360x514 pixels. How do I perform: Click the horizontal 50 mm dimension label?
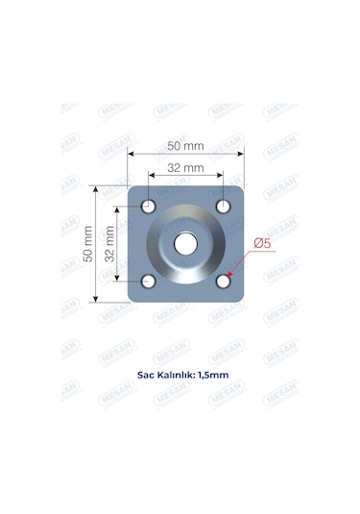[x=186, y=145]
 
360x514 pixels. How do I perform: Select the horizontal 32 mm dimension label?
[x=186, y=167]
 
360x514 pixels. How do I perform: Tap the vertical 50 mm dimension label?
[x=89, y=244]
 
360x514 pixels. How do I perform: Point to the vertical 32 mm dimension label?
[x=110, y=244]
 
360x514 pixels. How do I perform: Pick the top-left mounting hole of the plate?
[x=149, y=207]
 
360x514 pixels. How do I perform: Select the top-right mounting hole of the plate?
[x=223, y=207]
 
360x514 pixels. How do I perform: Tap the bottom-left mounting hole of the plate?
[x=149, y=281]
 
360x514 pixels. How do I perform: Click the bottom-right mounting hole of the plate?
[x=223, y=281]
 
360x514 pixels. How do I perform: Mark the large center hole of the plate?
[x=185, y=244]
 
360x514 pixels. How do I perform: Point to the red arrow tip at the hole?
[x=228, y=276]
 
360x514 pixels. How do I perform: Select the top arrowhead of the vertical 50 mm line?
[x=96, y=189]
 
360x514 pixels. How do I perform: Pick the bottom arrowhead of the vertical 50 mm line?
[x=96, y=299]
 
